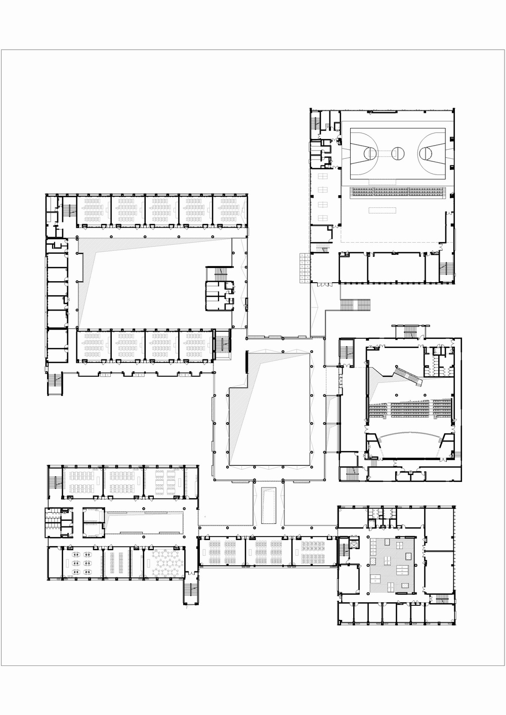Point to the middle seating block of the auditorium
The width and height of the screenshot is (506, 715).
(405, 409)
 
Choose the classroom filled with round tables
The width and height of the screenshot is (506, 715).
(164, 562)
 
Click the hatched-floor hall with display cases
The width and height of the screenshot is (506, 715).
(393, 564)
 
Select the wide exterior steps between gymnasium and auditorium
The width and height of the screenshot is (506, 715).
(356, 305)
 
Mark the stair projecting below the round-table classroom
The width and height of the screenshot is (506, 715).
(191, 592)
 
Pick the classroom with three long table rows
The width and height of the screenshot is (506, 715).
(116, 562)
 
